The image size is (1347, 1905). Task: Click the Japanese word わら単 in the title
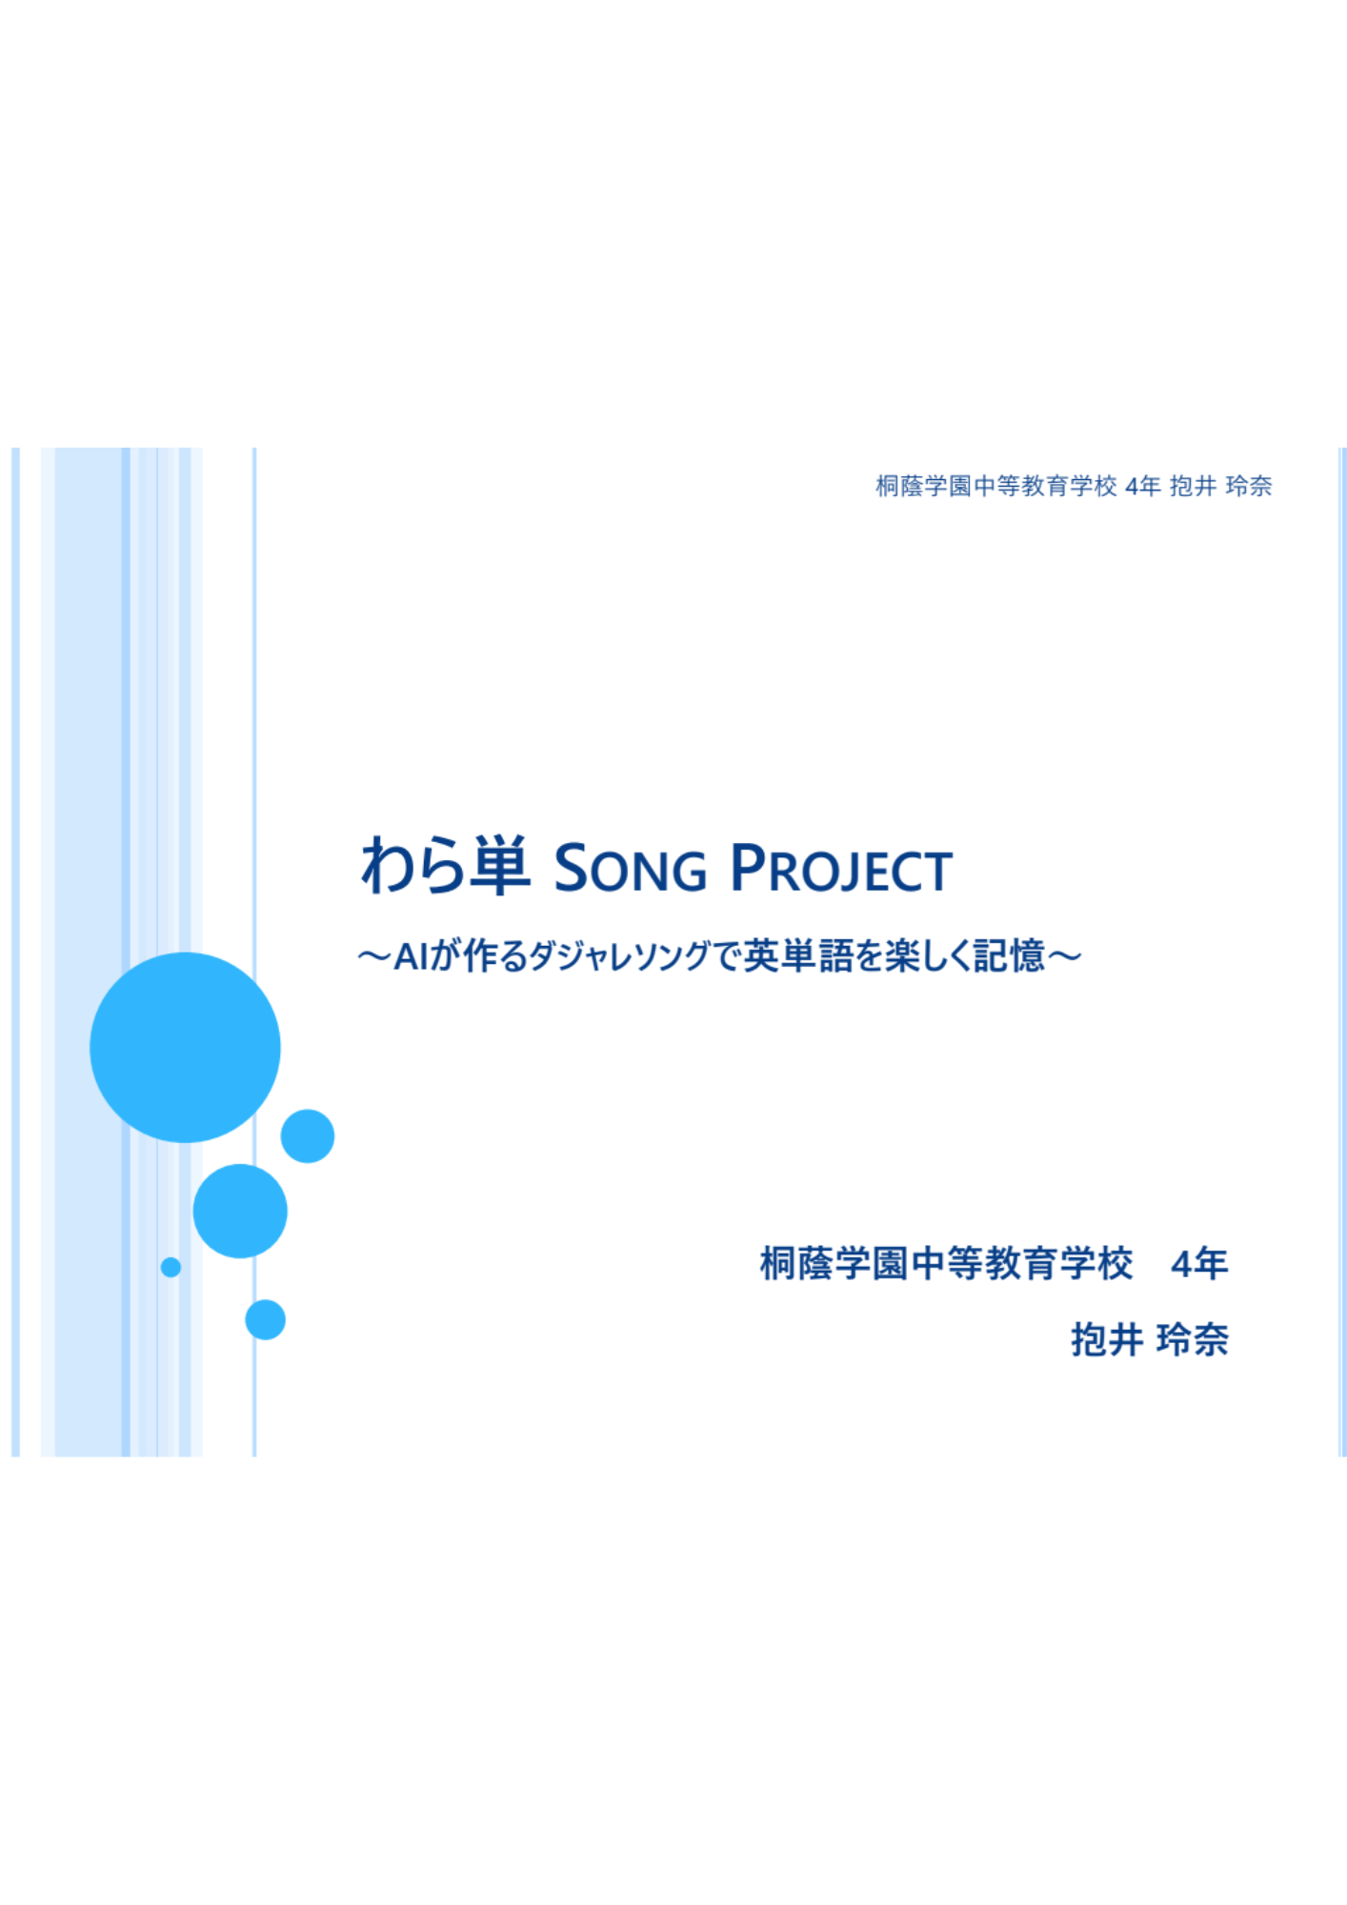(x=445, y=866)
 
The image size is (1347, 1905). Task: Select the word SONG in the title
(x=630, y=869)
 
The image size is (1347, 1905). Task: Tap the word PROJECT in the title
(x=841, y=869)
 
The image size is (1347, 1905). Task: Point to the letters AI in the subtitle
(x=411, y=955)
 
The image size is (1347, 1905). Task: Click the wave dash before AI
(x=374, y=955)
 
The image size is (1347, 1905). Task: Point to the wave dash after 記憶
(x=1064, y=955)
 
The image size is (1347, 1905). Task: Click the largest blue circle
(x=185, y=1047)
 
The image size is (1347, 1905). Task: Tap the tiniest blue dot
(x=171, y=1267)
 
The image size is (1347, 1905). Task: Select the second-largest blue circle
(x=240, y=1211)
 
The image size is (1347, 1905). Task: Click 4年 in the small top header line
(x=1142, y=486)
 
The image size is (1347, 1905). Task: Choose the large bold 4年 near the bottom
(x=1199, y=1264)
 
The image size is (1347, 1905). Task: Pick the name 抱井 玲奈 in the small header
(x=1221, y=486)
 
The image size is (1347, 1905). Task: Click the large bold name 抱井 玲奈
(x=1150, y=1339)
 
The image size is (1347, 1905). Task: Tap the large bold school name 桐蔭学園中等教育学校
(x=947, y=1264)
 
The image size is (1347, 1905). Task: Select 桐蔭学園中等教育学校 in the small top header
(x=996, y=486)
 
